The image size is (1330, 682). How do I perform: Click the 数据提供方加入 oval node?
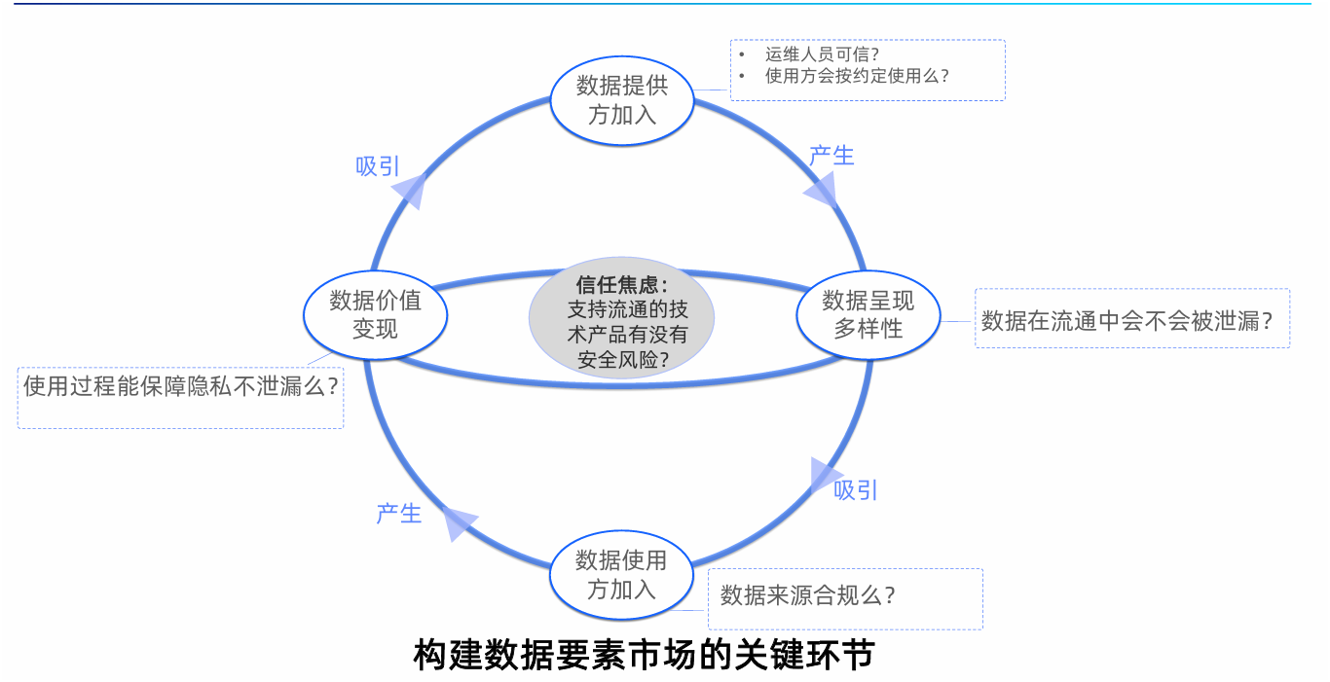623,100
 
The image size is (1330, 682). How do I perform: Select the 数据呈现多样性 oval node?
868,314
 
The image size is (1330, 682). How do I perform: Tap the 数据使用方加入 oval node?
622,575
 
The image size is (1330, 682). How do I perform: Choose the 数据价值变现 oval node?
375,314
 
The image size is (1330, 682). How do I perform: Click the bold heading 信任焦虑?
620,286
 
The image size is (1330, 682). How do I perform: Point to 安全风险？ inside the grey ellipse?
622,360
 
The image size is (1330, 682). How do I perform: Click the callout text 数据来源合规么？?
807,594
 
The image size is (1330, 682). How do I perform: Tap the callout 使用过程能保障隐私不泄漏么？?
181,386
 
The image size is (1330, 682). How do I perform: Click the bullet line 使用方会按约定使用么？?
857,76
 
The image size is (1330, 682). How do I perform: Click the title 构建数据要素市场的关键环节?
644,655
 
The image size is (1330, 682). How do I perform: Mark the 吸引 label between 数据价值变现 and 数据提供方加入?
378,166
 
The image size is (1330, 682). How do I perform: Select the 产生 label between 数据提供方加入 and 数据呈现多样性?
831,155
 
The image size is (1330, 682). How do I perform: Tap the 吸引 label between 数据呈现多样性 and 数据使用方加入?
856,489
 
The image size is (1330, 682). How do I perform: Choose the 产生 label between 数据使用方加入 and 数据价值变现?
399,513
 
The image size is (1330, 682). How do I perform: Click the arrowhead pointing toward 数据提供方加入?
412,191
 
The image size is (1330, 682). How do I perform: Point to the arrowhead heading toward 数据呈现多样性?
821,189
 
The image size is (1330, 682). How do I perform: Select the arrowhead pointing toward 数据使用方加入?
826,475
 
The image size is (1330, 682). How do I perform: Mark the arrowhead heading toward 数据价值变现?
459,522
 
